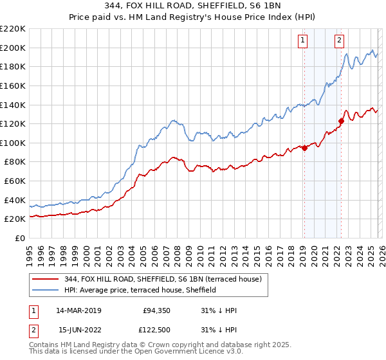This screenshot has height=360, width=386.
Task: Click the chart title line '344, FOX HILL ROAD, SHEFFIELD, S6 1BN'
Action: pyautogui.click(x=192, y=6)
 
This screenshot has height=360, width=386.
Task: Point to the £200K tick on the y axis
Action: pyautogui.click(x=13, y=48)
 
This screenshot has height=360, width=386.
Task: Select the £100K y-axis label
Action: pyautogui.click(x=13, y=143)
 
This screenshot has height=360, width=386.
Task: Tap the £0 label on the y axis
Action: pyautogui.click(x=19, y=238)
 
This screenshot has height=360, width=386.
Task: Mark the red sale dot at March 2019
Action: pyautogui.click(x=304, y=148)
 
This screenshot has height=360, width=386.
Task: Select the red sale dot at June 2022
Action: pyautogui.click(x=342, y=121)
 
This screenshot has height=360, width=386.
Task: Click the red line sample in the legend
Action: pyautogui.click(x=46, y=280)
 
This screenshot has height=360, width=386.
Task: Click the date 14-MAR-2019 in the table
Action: pyautogui.click(x=79, y=310)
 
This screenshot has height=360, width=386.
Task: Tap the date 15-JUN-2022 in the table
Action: pyautogui.click(x=79, y=331)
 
